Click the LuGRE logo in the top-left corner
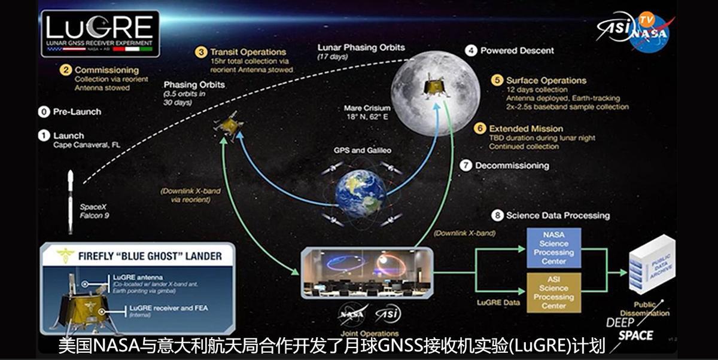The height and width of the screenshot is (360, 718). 100,33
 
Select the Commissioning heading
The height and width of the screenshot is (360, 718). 107,70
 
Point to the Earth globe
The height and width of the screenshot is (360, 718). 360,193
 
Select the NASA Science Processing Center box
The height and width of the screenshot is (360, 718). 553,248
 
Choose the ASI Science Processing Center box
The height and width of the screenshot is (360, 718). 553,292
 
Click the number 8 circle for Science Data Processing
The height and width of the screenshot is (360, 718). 497,215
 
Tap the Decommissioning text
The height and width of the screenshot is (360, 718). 512,165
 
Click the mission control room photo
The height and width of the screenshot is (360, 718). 366,271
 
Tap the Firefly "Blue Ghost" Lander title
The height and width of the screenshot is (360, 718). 150,257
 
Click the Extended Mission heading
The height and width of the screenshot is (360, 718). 526,129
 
